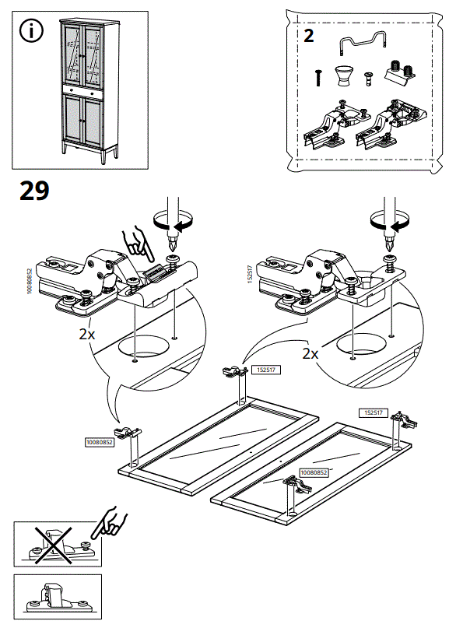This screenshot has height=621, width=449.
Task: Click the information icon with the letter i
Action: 31,33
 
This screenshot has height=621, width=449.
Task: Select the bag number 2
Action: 308,37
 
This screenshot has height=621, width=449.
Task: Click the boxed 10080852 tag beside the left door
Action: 100,442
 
